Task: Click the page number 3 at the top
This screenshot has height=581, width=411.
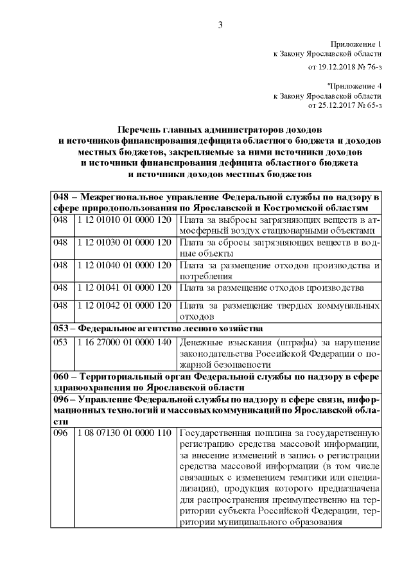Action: [x=219, y=25]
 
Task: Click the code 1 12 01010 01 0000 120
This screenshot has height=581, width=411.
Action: [x=123, y=220]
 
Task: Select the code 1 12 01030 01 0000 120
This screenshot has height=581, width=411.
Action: [x=123, y=242]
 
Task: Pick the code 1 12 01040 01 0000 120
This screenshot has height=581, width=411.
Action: [x=123, y=264]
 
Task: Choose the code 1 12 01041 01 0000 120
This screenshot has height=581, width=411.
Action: [x=123, y=288]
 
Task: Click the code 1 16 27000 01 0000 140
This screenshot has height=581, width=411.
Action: [x=123, y=342]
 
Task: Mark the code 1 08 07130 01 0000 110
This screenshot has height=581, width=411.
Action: [x=123, y=433]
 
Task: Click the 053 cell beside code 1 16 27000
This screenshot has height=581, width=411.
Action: [x=61, y=342]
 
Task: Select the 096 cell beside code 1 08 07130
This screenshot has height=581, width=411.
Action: [x=61, y=433]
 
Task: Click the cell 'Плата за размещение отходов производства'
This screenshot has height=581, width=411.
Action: [x=273, y=288]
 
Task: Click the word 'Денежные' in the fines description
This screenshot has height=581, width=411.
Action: [x=202, y=342]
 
